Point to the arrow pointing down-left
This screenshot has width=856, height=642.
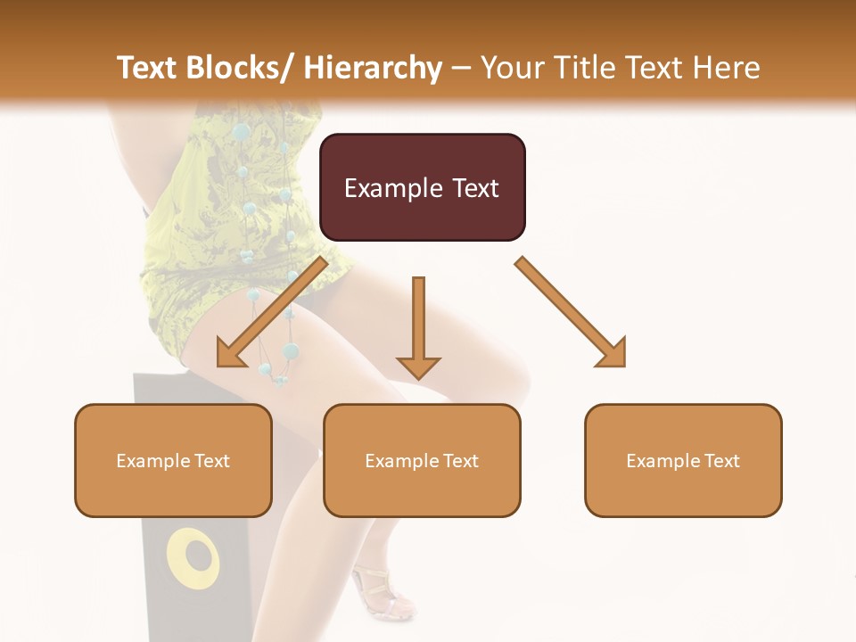(272, 312)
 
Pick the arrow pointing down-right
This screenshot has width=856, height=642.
(571, 312)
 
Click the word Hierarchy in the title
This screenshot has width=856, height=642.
(373, 68)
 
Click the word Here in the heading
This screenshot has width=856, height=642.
(728, 68)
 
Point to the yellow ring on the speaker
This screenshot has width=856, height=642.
(193, 559)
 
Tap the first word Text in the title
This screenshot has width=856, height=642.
(147, 68)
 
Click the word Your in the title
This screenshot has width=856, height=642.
(511, 68)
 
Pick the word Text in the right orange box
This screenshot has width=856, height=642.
(720, 461)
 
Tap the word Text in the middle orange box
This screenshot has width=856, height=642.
(459, 461)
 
